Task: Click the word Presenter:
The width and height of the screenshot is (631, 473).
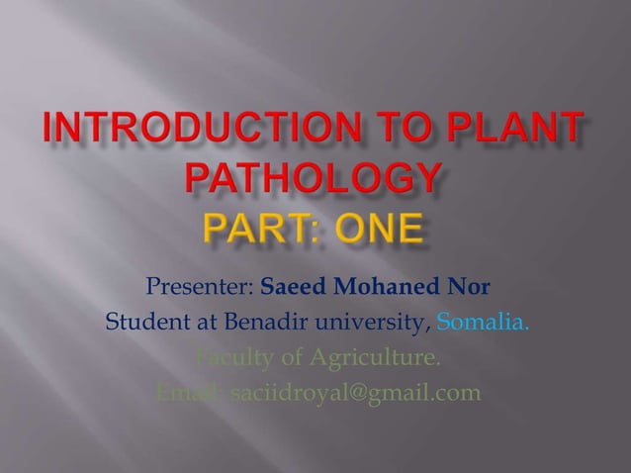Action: click(201, 288)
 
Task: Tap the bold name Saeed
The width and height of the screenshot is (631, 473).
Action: click(293, 288)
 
